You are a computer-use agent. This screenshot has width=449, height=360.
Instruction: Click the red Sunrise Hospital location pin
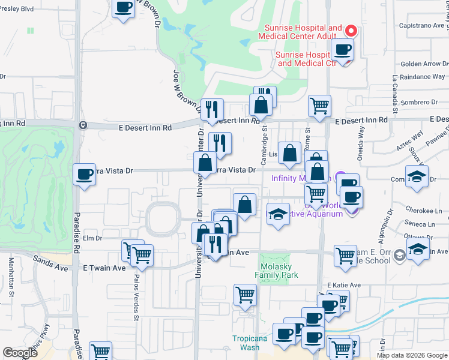point(352,30)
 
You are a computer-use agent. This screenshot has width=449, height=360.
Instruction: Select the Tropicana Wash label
point(246,343)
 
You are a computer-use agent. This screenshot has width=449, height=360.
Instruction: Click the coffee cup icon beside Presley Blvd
point(124,8)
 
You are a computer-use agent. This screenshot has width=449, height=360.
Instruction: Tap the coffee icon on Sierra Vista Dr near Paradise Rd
point(84,175)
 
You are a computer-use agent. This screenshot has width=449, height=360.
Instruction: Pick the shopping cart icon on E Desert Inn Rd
point(319,106)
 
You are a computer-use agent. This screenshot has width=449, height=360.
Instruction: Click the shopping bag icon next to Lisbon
point(289,153)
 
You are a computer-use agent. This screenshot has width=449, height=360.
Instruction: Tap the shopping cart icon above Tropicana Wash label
point(245,295)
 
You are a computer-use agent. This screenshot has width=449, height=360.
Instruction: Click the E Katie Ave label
point(344,285)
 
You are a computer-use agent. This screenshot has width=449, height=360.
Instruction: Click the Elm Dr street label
point(93,238)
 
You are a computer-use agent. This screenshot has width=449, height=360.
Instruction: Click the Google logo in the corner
point(20,353)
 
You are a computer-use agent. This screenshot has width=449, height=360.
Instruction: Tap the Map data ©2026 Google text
point(411,355)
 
